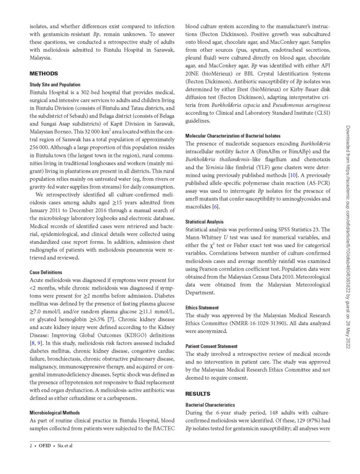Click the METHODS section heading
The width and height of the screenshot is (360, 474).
pyautogui.click(x=44, y=73)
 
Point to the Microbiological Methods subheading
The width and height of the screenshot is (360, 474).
pyautogui.click(x=55, y=412)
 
